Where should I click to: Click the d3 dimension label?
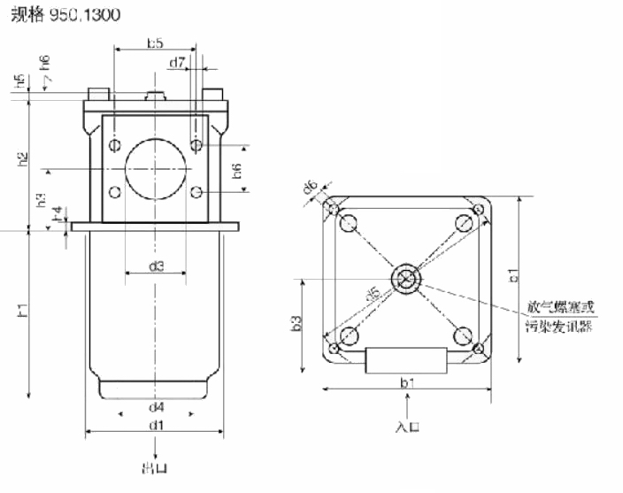(x=156, y=266)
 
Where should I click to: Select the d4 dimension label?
(x=156, y=407)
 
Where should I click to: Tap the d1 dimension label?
(x=156, y=426)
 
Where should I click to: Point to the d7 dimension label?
(x=176, y=62)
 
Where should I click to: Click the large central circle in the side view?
(x=156, y=168)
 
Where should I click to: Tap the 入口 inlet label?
(x=407, y=426)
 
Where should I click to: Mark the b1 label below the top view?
(x=407, y=382)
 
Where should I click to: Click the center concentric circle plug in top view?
(x=407, y=278)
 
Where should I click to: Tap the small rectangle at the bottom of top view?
(x=407, y=360)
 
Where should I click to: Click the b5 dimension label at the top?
(x=156, y=42)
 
